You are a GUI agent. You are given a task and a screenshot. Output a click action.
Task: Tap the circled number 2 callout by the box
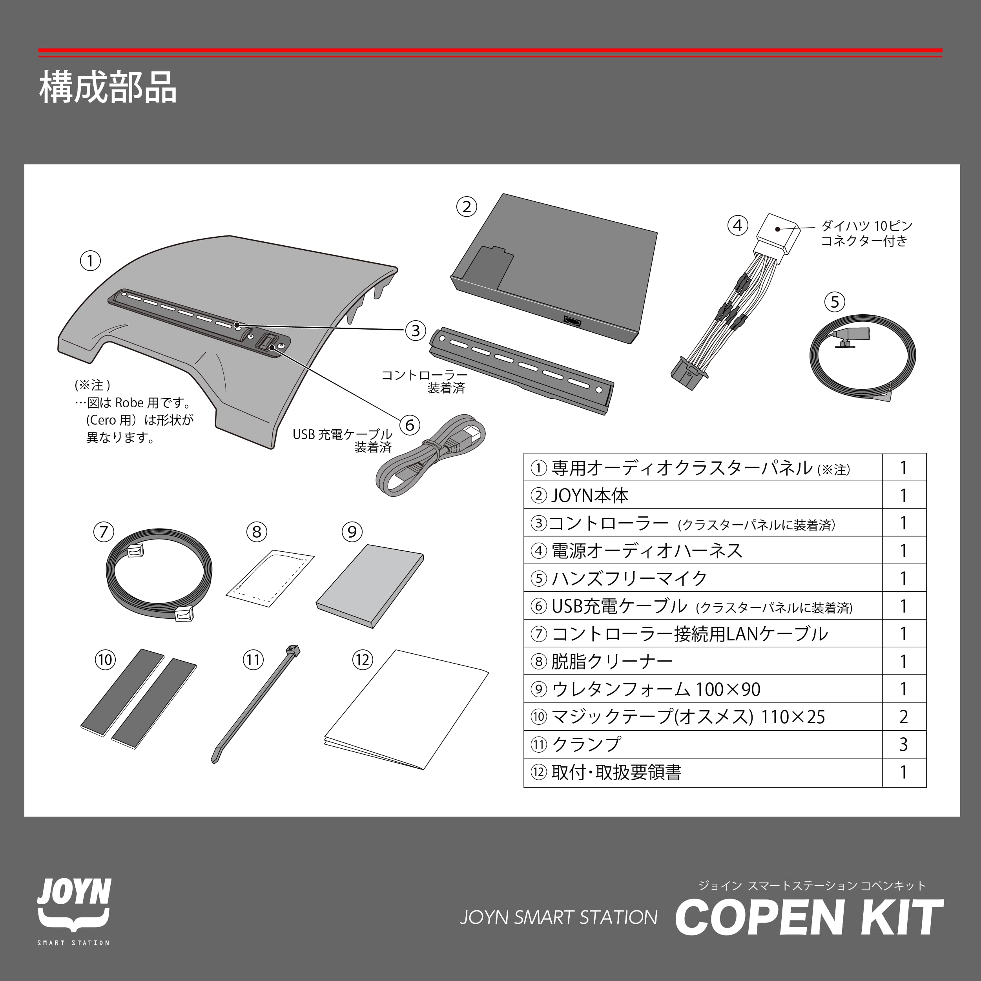click(467, 207)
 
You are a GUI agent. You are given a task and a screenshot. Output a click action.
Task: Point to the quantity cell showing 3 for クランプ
click(903, 744)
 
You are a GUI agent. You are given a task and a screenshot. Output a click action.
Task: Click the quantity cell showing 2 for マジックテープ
click(903, 717)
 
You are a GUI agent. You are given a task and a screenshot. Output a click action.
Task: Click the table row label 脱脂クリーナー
click(611, 661)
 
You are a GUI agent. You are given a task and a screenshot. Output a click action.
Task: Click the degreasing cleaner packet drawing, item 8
click(270, 577)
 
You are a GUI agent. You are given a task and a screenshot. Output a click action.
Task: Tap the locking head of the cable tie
click(293, 650)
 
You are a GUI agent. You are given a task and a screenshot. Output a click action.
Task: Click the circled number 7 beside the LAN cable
click(104, 532)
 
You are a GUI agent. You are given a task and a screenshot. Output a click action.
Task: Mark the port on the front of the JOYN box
click(572, 321)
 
